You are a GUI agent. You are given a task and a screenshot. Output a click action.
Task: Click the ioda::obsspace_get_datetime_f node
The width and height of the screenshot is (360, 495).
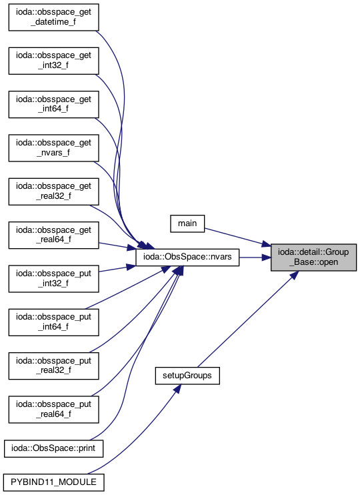point(53,17)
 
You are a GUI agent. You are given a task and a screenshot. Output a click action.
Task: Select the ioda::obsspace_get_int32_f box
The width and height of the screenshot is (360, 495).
point(53,61)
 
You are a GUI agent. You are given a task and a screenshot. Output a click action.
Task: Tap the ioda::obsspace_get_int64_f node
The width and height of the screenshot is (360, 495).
point(53,104)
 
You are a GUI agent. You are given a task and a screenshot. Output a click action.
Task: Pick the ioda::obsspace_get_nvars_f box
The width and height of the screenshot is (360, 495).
point(53,147)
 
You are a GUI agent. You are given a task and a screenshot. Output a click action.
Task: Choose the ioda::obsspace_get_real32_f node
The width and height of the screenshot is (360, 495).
point(53,191)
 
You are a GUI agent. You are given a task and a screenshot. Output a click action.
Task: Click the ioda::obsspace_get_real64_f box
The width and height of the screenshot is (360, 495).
point(53,235)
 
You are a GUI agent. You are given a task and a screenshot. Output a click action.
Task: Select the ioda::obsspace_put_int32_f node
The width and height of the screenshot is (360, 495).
point(53,278)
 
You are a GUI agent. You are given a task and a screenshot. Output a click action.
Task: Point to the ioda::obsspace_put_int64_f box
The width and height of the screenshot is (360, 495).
point(53,322)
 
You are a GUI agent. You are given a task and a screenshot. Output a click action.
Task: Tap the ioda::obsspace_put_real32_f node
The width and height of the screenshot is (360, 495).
point(53,366)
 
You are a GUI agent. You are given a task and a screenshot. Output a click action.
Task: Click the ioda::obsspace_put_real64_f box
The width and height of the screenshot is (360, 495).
point(53,409)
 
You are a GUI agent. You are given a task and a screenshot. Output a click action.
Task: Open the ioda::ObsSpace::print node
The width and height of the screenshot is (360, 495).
point(53,448)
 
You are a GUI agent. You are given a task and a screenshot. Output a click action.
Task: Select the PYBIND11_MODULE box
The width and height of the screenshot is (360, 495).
point(53,482)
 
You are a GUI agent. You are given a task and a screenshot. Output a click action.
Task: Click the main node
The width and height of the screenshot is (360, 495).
point(187,223)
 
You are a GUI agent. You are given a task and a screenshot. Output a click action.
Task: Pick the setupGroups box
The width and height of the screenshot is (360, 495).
point(187,376)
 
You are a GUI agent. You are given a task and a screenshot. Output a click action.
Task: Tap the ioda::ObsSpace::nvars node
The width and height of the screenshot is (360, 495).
point(187,257)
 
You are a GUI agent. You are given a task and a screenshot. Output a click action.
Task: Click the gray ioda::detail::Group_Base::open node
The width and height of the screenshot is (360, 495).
point(313,257)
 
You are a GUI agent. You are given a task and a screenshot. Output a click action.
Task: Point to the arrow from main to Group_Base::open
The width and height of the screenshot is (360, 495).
point(237,237)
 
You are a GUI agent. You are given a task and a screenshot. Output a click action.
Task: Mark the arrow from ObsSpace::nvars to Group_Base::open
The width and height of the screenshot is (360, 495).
point(255,258)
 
